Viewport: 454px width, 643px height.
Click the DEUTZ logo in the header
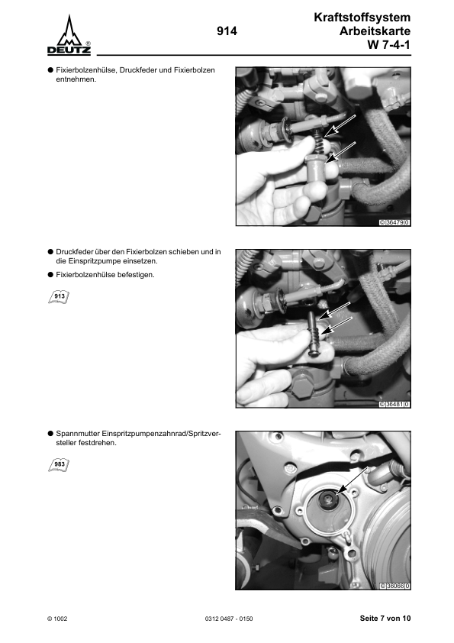coord(69,36)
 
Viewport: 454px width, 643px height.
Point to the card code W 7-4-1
coord(389,46)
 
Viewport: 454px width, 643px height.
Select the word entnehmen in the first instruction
coord(76,80)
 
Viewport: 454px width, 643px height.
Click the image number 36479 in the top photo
coord(394,223)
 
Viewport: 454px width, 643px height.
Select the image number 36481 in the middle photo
coord(394,404)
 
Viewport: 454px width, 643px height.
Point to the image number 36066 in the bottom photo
coord(394,586)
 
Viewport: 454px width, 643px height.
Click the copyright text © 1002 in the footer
coord(58,618)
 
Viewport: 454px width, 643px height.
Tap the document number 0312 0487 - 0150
coord(229,618)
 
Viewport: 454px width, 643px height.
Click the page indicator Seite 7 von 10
coord(385,618)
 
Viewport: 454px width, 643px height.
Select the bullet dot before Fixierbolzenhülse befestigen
coord(50,274)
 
